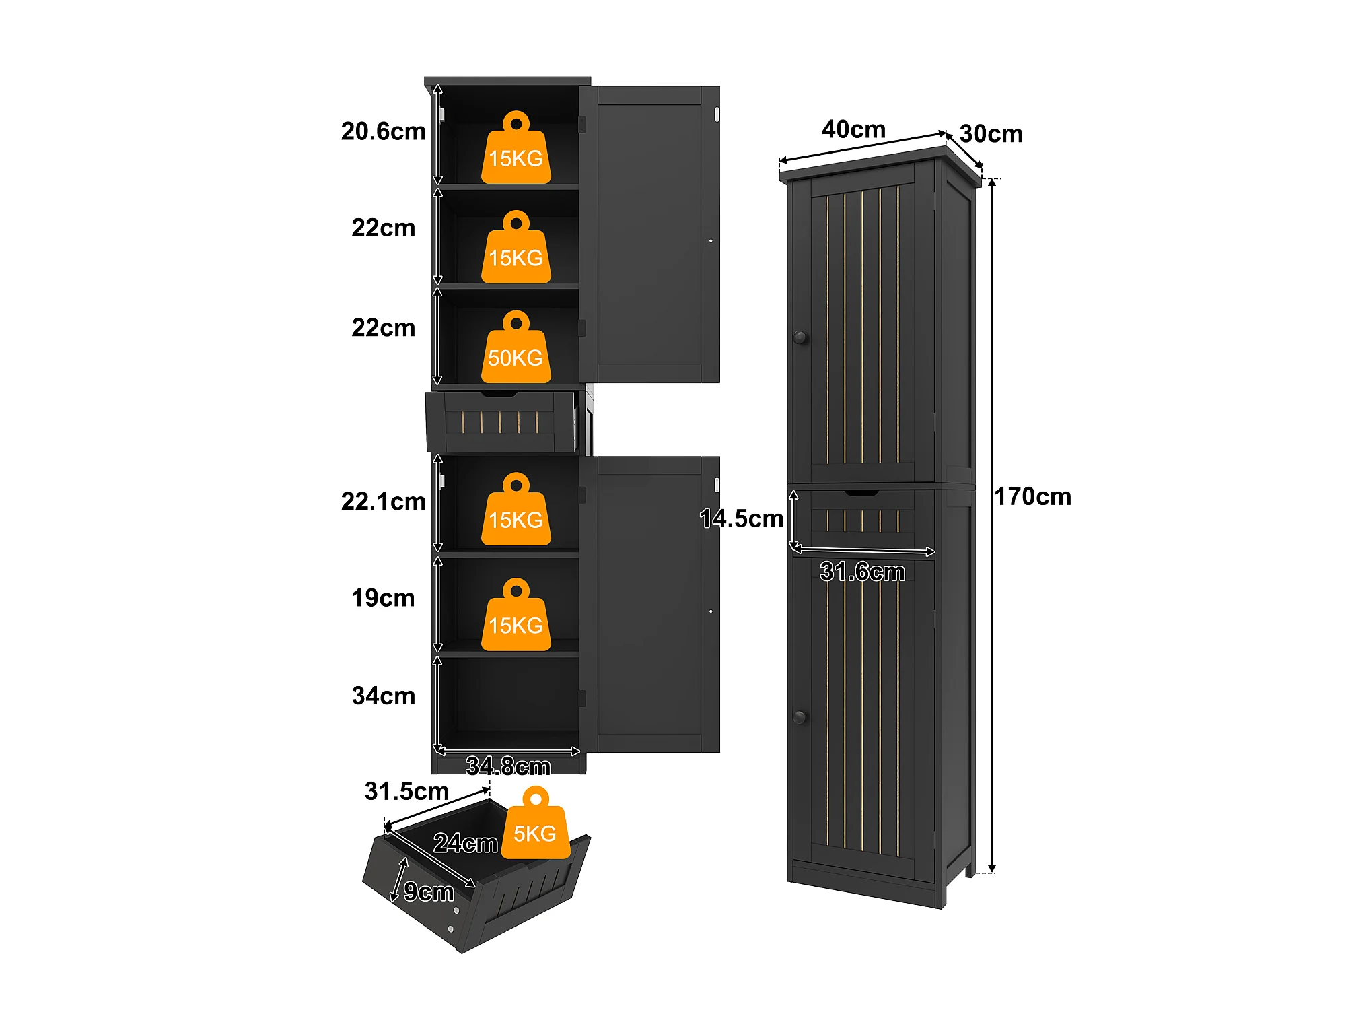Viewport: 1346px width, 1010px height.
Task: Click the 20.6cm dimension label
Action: [383, 131]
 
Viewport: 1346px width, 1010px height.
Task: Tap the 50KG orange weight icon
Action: [516, 347]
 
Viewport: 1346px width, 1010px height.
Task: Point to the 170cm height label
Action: [1032, 497]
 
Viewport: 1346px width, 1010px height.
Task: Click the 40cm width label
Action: [853, 129]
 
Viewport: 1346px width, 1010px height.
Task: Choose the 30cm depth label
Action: [991, 134]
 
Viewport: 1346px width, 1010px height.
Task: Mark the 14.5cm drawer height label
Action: [741, 518]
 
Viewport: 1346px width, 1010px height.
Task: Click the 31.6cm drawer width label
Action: [862, 572]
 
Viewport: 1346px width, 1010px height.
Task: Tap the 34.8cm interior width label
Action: [508, 766]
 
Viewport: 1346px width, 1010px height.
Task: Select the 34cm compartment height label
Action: [383, 696]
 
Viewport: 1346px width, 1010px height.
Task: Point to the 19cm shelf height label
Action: [383, 598]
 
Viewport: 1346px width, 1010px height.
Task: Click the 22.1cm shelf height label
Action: [383, 502]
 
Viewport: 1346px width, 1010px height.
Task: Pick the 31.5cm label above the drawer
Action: [406, 791]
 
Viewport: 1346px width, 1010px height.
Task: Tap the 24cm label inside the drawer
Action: [465, 843]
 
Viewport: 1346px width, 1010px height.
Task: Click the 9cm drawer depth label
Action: [429, 892]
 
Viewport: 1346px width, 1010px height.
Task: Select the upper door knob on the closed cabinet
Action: [800, 337]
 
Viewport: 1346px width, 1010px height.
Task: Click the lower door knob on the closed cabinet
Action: [800, 717]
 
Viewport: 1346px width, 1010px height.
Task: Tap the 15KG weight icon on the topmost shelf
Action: [516, 147]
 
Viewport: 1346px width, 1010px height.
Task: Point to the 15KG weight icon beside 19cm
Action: [516, 615]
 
